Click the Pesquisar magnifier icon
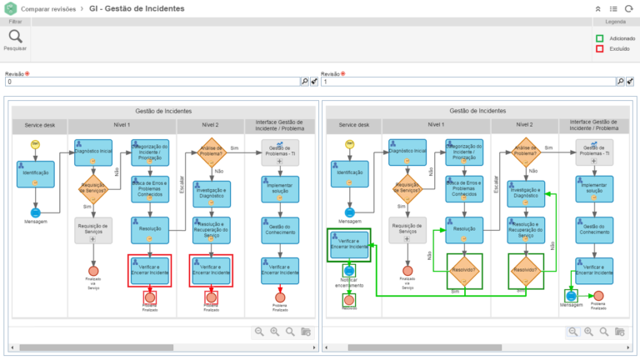pyautogui.click(x=16, y=37)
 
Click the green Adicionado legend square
pyautogui.click(x=599, y=37)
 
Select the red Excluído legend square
pyautogui.click(x=599, y=48)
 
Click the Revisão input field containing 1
pyautogui.click(x=467, y=82)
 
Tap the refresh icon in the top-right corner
pyautogui.click(x=628, y=8)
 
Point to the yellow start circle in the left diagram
pyautogui.click(x=36, y=144)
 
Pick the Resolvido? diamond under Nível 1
pyautogui.click(x=464, y=270)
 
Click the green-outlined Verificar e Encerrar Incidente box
pyautogui.click(x=348, y=246)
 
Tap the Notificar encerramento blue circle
pyautogui.click(x=348, y=271)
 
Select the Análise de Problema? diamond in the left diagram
pyautogui.click(x=212, y=151)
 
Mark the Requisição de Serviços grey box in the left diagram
pyautogui.click(x=92, y=228)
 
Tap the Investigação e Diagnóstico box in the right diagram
pyautogui.click(x=527, y=192)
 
